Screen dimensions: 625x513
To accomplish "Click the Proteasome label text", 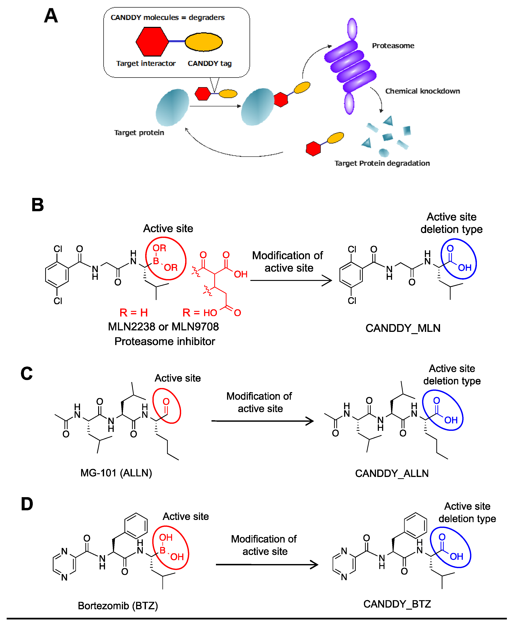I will point(393,46).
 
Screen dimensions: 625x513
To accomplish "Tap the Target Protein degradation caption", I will point(382,163).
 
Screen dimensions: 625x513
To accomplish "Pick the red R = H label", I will point(134,312).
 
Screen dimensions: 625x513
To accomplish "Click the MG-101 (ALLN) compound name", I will point(116,473).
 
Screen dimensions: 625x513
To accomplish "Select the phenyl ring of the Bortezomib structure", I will point(136,525).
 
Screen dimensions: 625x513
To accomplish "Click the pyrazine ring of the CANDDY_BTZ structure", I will point(344,564).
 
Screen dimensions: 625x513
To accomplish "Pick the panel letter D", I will point(27,504).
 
